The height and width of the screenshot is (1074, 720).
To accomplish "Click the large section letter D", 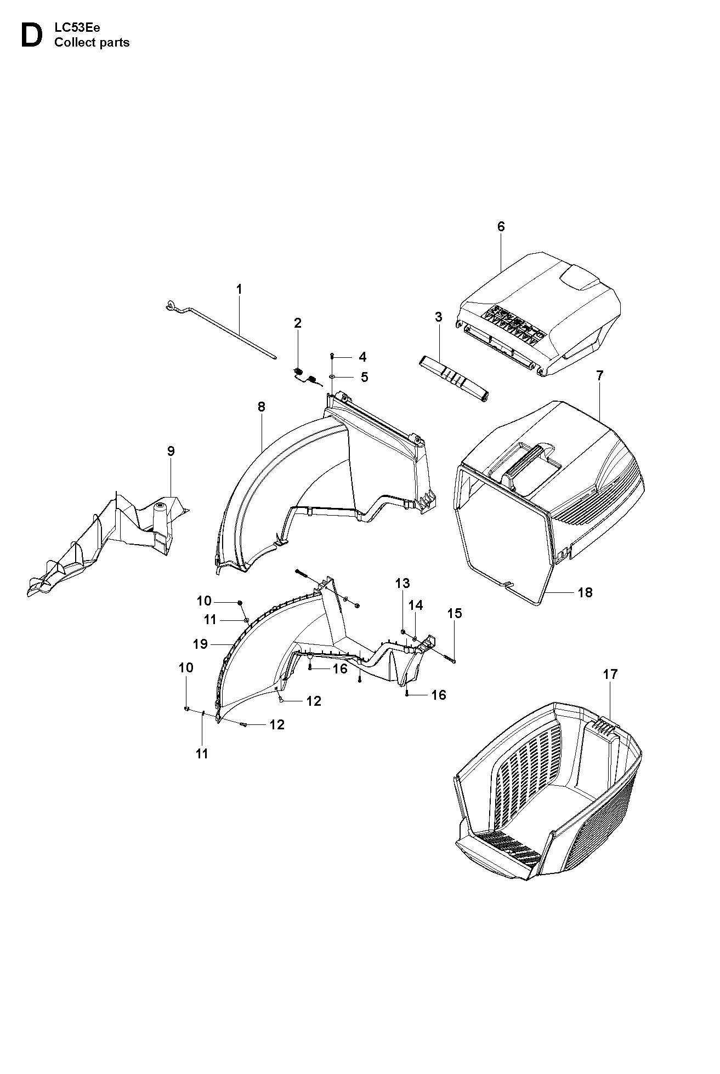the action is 31,36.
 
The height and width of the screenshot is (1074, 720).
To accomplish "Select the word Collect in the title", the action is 73,43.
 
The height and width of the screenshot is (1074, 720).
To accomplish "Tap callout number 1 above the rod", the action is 239,289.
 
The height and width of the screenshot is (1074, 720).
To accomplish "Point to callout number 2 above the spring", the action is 298,323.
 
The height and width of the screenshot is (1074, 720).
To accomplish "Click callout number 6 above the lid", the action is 501,226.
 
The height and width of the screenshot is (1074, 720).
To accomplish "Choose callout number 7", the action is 599,375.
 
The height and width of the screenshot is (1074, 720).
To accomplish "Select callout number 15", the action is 455,613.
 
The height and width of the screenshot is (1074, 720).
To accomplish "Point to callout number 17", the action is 610,675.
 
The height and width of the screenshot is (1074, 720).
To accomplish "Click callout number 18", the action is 585,592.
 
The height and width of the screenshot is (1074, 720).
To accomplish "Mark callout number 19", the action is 201,644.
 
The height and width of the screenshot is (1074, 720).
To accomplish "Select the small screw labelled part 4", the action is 332,357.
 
